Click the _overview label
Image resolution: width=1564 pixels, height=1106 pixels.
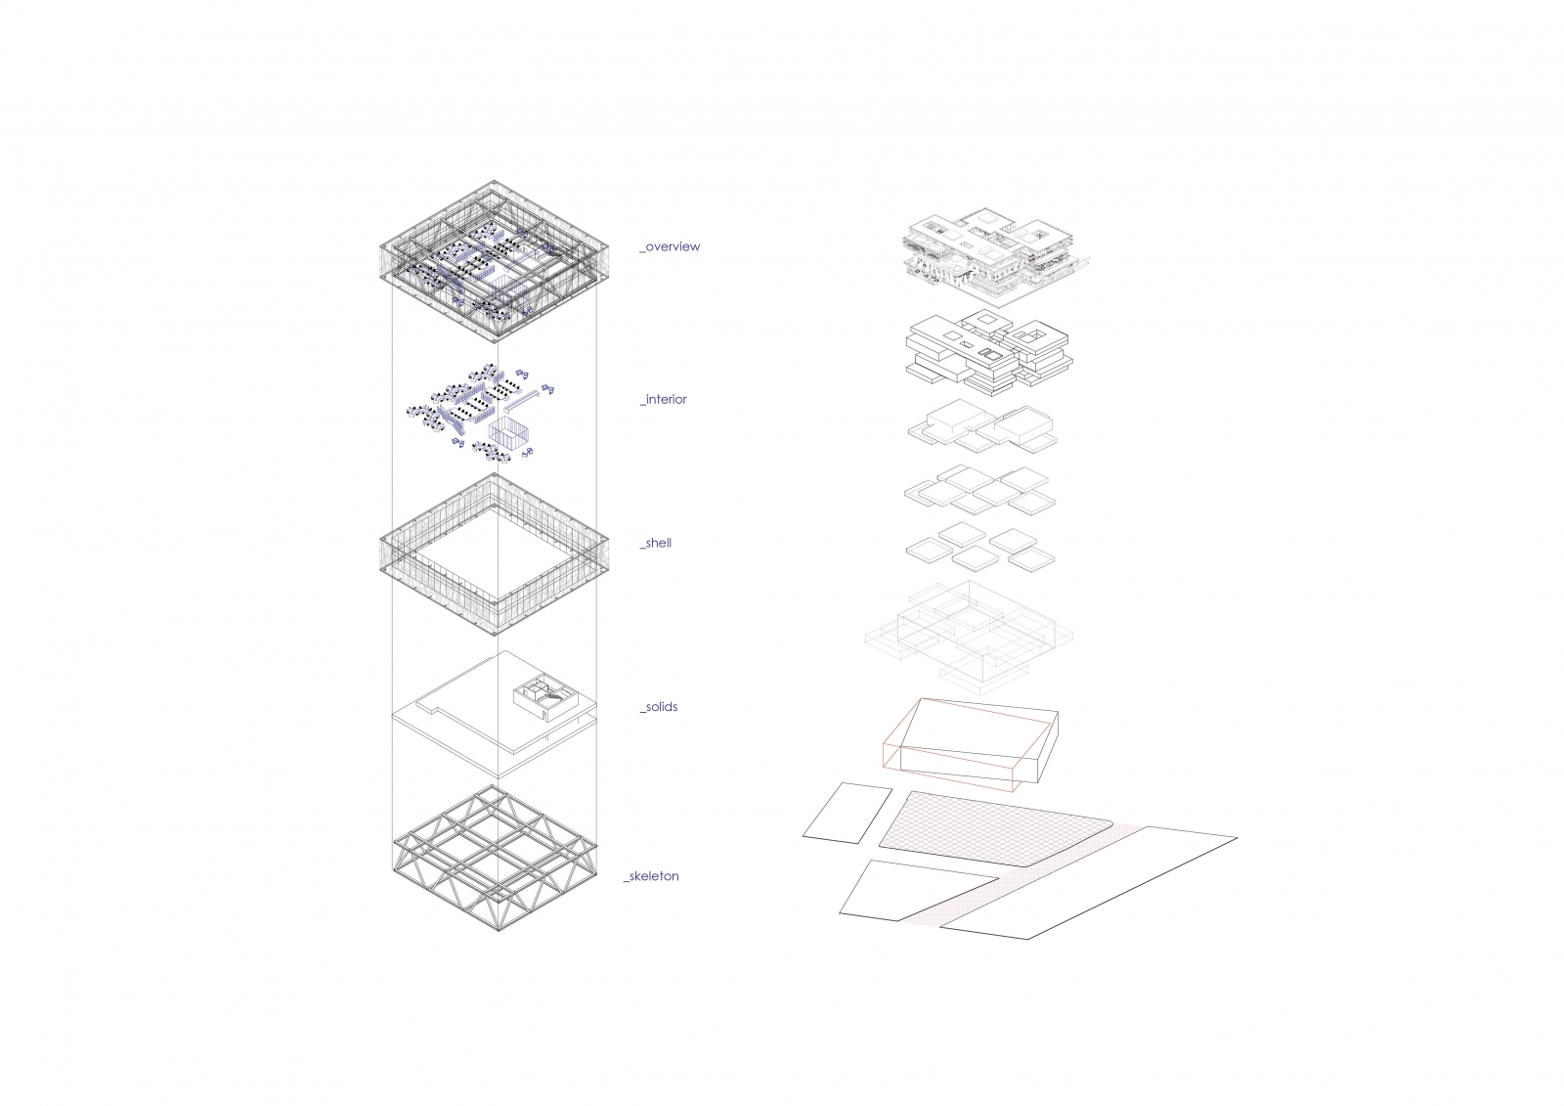point(670,246)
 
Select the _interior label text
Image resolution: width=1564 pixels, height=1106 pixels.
point(664,400)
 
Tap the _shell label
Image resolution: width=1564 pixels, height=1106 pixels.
point(656,543)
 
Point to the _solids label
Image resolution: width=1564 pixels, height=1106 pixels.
point(659,707)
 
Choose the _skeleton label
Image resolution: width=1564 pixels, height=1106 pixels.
point(651,876)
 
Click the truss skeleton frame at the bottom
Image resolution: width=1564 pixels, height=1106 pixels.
point(495,859)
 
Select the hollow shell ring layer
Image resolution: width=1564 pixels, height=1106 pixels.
point(495,554)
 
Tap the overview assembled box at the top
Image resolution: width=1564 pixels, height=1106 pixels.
point(495,261)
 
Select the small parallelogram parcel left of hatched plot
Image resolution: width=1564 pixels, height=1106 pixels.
point(847,811)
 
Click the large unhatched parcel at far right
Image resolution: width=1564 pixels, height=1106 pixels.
point(1089,882)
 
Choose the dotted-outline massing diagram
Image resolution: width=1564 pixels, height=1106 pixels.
point(969,638)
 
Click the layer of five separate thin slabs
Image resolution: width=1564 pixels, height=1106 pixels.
point(981,547)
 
